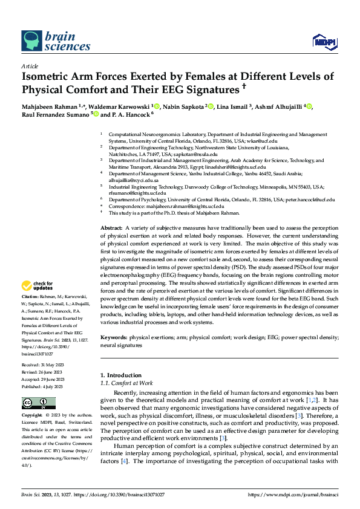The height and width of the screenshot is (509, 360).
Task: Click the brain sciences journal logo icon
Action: click(31, 41)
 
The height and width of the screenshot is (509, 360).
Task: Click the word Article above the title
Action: click(30, 66)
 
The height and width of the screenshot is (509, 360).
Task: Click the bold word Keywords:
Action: click(116, 336)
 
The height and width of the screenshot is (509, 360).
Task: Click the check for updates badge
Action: click(38, 286)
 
